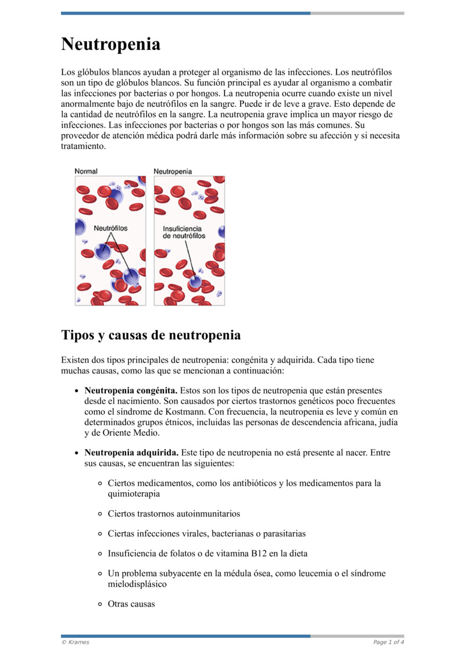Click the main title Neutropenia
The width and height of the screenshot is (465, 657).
pyautogui.click(x=110, y=44)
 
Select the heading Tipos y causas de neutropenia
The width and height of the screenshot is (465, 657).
pyautogui.click(x=151, y=335)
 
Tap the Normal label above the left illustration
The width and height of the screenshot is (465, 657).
pyautogui.click(x=86, y=171)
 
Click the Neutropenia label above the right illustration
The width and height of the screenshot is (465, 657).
pyautogui.click(x=173, y=171)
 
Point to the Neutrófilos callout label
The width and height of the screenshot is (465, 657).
pyautogui.click(x=110, y=228)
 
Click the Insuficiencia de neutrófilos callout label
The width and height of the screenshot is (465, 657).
pyautogui.click(x=184, y=232)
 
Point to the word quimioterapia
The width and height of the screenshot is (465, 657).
pyautogui.click(x=134, y=493)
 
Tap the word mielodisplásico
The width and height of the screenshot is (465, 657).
pyautogui.click(x=137, y=584)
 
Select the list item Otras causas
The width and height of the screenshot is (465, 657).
pyautogui.click(x=131, y=604)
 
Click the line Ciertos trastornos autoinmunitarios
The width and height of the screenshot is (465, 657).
pyautogui.click(x=174, y=514)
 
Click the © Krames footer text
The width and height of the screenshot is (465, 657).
pyautogui.click(x=75, y=642)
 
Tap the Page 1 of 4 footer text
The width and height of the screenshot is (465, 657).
pyautogui.click(x=388, y=642)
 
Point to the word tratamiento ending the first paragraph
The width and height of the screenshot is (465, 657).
pyautogui.click(x=84, y=147)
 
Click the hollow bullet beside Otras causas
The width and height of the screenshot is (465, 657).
pyautogui.click(x=100, y=604)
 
